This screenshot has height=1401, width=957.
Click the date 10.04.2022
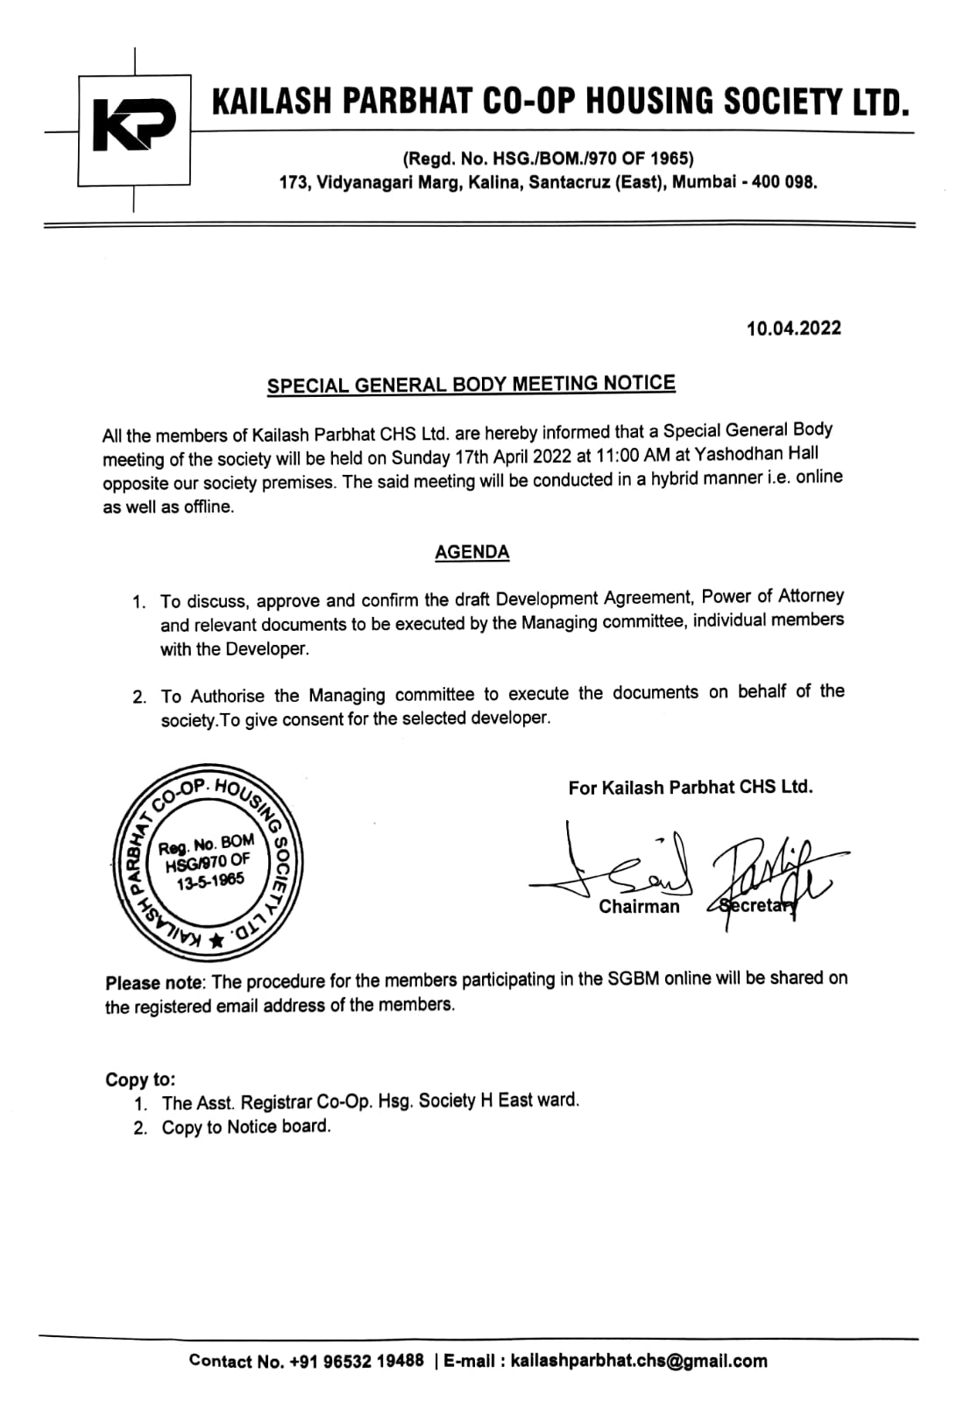(793, 329)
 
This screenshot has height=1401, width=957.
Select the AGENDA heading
(471, 552)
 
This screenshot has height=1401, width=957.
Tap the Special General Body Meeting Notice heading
(471, 385)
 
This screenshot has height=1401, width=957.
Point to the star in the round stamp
(216, 941)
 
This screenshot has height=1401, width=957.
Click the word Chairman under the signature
(639, 907)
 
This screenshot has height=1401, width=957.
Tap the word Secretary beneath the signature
(756, 906)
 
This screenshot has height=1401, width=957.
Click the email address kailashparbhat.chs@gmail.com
(638, 1361)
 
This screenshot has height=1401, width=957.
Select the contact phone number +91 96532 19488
(357, 1361)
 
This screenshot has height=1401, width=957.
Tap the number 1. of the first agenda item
(138, 603)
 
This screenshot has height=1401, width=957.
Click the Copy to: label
(140, 1079)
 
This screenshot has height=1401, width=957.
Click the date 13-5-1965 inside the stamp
(209, 881)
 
